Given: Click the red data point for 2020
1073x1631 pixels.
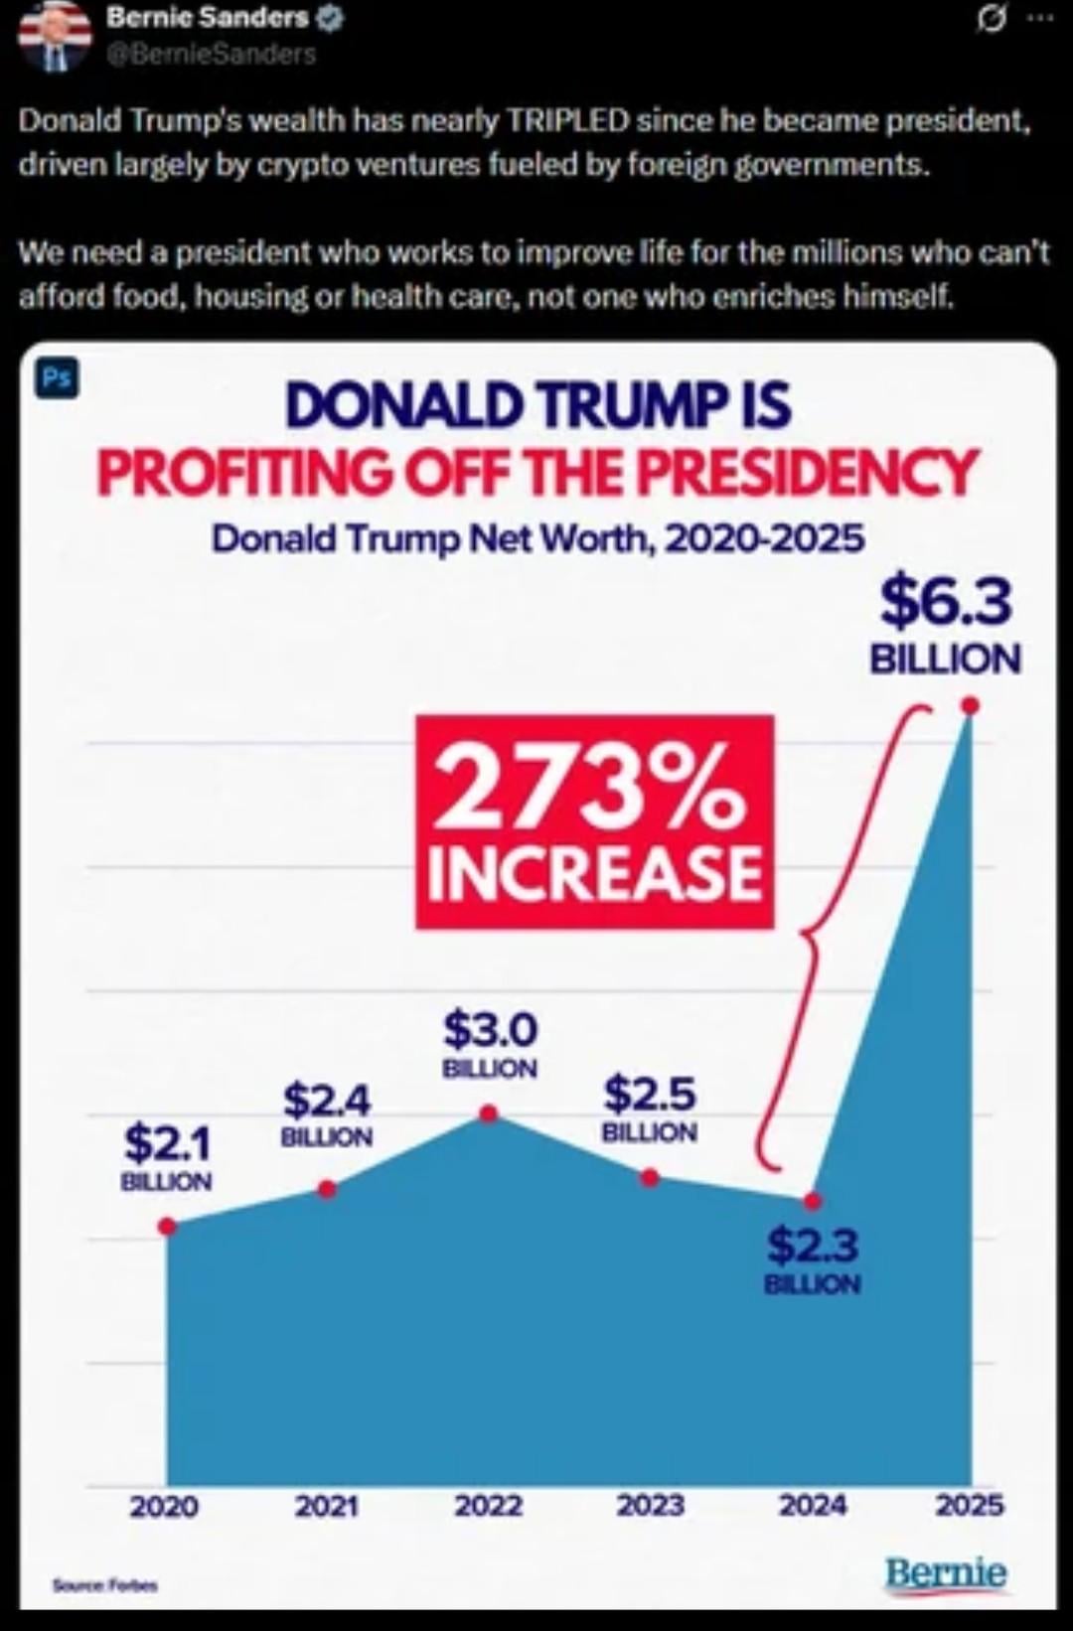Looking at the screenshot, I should pyautogui.click(x=168, y=1226).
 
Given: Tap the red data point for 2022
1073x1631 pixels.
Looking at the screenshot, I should pyautogui.click(x=488, y=1113).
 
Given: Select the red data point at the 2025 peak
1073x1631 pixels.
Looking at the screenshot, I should pyautogui.click(x=971, y=705).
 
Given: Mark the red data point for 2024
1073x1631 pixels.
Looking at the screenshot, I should pyautogui.click(x=813, y=1201).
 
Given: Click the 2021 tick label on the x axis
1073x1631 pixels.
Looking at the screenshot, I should pyautogui.click(x=326, y=1506).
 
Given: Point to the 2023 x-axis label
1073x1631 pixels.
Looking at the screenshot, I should pyautogui.click(x=650, y=1506).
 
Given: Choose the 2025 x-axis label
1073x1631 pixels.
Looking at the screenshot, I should pyautogui.click(x=970, y=1506).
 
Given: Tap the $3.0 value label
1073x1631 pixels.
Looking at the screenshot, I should pyautogui.click(x=490, y=1030).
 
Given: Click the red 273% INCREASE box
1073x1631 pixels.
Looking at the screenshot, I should pyautogui.click(x=594, y=821).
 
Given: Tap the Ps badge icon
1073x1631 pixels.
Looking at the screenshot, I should pyautogui.click(x=57, y=378).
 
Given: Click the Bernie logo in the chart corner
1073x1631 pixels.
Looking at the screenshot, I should pyautogui.click(x=945, y=1573).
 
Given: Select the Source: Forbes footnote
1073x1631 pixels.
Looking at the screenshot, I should pyautogui.click(x=105, y=1585).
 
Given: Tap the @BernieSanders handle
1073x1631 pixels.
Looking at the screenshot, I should pyautogui.click(x=212, y=53).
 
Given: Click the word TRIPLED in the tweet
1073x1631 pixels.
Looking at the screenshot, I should pyautogui.click(x=568, y=120).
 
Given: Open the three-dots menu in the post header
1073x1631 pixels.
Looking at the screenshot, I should pyautogui.click(x=1039, y=17).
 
